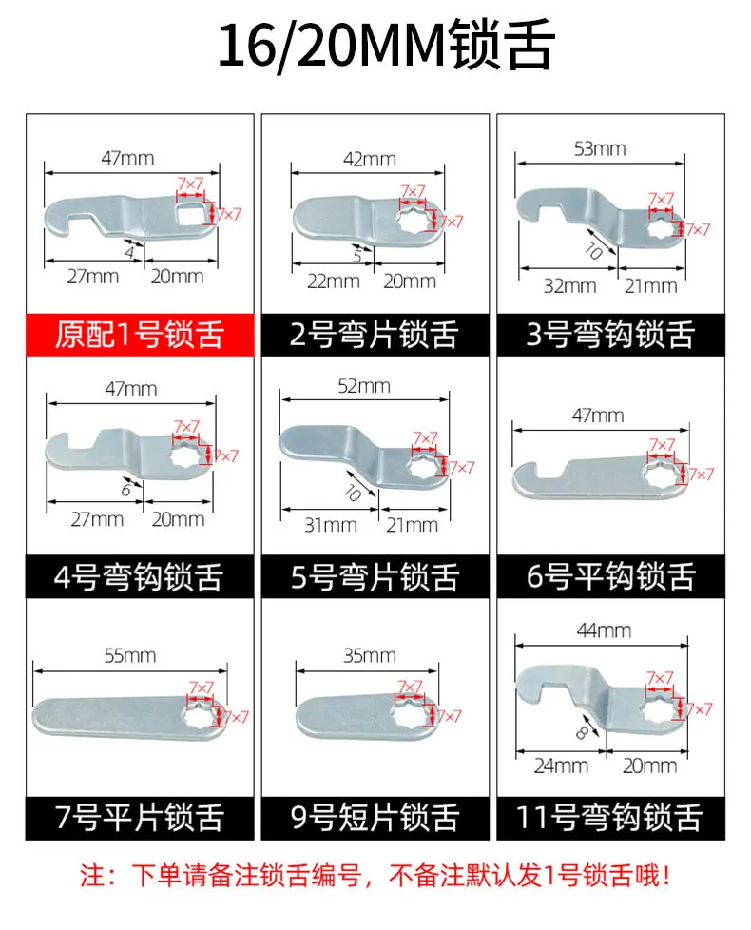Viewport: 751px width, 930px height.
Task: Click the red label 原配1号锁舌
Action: click(x=140, y=335)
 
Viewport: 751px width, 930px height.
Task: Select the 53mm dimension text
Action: click(x=600, y=149)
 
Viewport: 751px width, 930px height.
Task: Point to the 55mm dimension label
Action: click(x=130, y=655)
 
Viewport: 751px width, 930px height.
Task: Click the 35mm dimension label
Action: click(x=370, y=655)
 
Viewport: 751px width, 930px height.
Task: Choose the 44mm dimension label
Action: click(x=604, y=630)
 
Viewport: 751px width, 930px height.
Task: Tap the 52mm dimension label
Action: click(x=364, y=386)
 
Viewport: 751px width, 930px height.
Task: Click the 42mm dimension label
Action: click(x=370, y=159)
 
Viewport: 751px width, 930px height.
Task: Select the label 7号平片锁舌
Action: click(x=140, y=817)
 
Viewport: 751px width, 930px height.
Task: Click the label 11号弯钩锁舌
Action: click(x=610, y=817)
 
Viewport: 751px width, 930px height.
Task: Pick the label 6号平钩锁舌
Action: click(x=611, y=576)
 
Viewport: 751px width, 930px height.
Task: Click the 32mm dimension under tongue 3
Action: click(x=569, y=286)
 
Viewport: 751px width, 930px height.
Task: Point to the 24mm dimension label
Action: click(x=561, y=765)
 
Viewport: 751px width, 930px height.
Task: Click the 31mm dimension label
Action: click(x=330, y=525)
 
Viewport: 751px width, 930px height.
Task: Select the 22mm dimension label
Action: click(x=333, y=281)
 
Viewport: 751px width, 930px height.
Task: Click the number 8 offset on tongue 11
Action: click(x=582, y=734)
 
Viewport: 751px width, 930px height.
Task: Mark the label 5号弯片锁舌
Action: click(x=375, y=576)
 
